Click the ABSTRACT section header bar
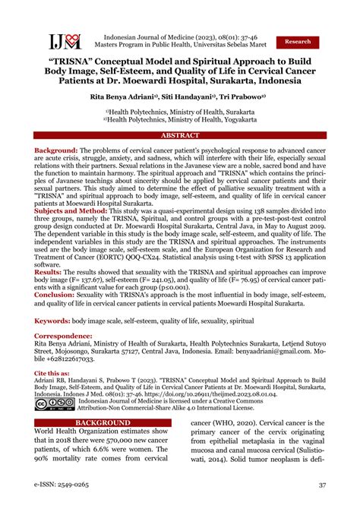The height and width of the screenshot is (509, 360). coord(180,134)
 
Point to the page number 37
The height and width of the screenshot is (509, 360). coord(321,485)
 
